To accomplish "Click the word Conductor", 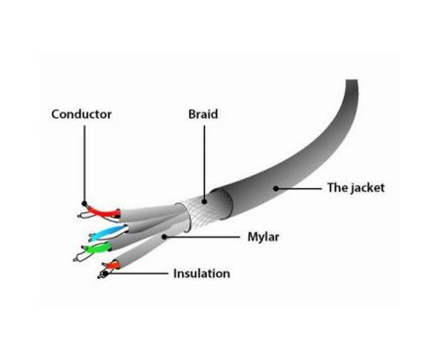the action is pos(81,114).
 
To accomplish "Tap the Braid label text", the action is pos(203,114).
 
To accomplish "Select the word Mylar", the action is pos(264,238).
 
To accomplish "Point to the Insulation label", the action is pos(202,274).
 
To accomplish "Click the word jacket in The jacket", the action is pos(368,188).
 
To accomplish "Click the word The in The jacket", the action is pos(337,188).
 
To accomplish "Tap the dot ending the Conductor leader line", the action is pos(85,203).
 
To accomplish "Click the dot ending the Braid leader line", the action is pos(204,202).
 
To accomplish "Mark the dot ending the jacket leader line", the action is pos(276,188).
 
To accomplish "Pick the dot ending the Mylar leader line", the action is pos(164,237).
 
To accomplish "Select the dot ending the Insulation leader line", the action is pos(105,274).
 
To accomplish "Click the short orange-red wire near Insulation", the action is pos(112,265).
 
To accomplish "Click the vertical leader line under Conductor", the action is pos(85,164).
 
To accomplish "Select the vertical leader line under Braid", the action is pos(204,162).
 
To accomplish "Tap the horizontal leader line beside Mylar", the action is pos(202,237).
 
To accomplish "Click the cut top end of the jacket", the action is pos(352,80).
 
